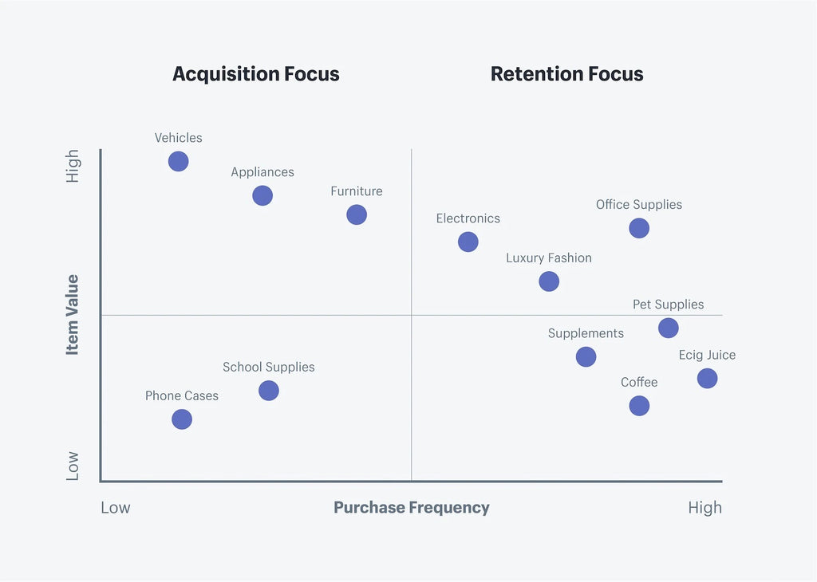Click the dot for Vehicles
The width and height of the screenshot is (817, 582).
pyautogui.click(x=179, y=161)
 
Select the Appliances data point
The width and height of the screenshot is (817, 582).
pyautogui.click(x=262, y=195)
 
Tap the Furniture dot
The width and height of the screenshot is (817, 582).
pyautogui.click(x=357, y=214)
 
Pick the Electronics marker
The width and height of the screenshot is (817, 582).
pyautogui.click(x=468, y=242)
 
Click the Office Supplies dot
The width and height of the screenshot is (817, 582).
pyautogui.click(x=639, y=228)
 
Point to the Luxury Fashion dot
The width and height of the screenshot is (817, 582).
pyautogui.click(x=549, y=281)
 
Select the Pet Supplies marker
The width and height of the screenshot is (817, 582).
pyautogui.click(x=669, y=328)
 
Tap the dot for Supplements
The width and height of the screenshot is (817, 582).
pyautogui.click(x=586, y=356)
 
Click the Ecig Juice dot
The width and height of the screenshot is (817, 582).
pyautogui.click(x=707, y=378)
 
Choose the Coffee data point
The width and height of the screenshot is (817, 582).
pyautogui.click(x=639, y=406)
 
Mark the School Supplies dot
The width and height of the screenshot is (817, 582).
pyautogui.click(x=269, y=391)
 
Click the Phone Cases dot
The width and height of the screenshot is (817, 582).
pyautogui.click(x=182, y=419)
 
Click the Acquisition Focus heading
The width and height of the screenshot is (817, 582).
pyautogui.click(x=256, y=74)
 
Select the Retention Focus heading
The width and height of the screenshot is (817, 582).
pyautogui.click(x=566, y=74)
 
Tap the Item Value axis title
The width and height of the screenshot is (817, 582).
pyautogui.click(x=73, y=314)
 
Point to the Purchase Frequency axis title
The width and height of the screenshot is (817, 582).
pyautogui.click(x=412, y=508)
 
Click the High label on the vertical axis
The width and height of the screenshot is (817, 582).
pyautogui.click(x=73, y=166)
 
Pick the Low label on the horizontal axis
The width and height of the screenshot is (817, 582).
pyautogui.click(x=116, y=508)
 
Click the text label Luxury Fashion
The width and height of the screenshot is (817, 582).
pyautogui.click(x=549, y=258)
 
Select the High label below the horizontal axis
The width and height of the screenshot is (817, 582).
pyautogui.click(x=705, y=508)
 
